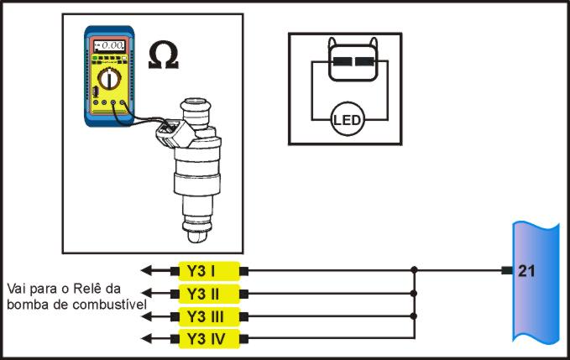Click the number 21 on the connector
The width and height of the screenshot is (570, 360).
[526, 270]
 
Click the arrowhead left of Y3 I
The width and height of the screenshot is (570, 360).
[145, 270]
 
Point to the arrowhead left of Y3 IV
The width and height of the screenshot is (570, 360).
[145, 339]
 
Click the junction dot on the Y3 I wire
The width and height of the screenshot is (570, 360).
[415, 270]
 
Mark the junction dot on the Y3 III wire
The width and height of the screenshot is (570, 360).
[415, 316]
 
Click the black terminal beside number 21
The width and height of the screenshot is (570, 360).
[506, 270]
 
